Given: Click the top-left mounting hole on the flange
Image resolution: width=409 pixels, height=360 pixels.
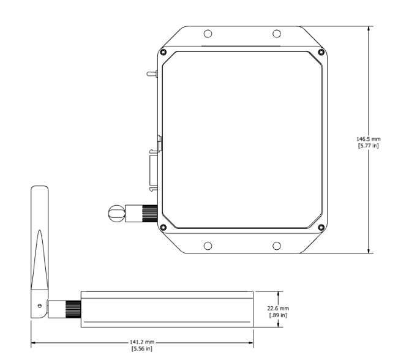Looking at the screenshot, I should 208,34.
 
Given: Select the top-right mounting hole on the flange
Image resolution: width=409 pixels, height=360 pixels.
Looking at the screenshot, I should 276,34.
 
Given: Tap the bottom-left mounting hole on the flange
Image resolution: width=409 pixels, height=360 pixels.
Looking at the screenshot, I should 208,245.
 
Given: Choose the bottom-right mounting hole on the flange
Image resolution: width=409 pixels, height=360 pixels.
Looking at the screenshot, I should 276,245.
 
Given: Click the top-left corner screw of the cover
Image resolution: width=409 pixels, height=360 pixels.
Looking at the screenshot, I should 163,51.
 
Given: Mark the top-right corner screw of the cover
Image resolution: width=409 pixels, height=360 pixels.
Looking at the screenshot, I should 321,51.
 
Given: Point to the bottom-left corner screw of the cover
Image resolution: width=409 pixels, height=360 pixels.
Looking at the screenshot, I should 163,228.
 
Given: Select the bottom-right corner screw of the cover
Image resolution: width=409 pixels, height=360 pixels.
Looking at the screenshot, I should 321,228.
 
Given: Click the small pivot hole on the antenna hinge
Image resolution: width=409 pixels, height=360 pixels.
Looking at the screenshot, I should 40,305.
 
